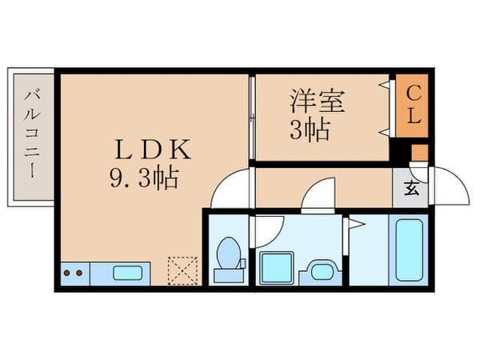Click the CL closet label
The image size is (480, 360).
pos(413,105)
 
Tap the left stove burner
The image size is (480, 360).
pos(67,273)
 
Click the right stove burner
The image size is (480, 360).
pos(79,273)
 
